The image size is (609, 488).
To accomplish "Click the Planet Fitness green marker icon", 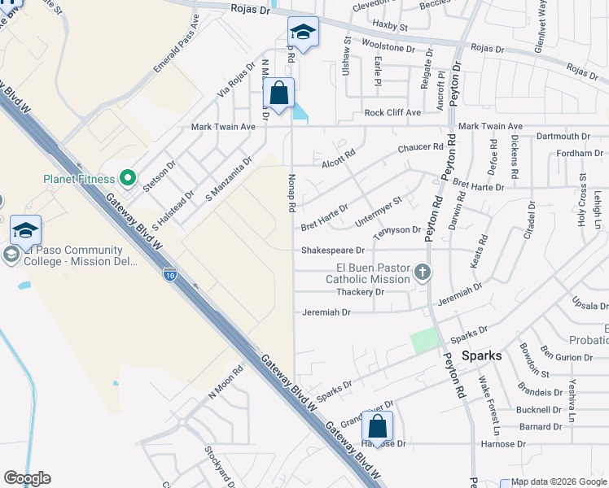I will point(127,177).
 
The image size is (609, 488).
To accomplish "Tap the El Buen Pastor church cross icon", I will point(422,272).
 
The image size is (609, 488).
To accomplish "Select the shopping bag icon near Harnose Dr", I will point(378,426).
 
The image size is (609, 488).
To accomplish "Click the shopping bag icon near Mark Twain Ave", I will point(279,94).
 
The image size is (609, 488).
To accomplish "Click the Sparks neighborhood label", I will point(482,355).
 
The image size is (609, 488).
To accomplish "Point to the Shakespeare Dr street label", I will point(332,251).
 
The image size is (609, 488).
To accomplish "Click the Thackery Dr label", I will point(359,292).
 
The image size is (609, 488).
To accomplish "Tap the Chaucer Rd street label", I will point(420,148).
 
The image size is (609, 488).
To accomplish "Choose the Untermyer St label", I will point(379,211).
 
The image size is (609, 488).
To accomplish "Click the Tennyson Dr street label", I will point(397,230).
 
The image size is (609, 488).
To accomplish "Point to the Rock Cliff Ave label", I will point(392,112).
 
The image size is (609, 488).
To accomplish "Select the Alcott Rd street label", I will point(339,157).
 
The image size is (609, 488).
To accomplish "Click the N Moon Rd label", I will point(226,382).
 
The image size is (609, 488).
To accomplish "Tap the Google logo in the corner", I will point(27,478).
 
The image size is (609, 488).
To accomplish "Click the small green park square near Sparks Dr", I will point(423,341).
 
